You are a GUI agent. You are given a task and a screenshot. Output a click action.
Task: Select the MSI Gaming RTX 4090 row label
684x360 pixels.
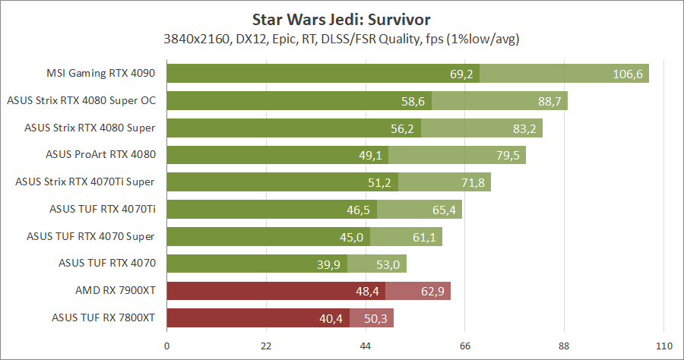[100, 74]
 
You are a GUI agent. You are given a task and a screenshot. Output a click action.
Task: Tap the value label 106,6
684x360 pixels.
[628, 74]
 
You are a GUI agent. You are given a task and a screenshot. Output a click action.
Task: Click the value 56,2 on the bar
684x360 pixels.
[402, 128]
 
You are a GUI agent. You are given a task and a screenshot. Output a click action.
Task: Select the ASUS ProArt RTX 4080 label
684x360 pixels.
[100, 155]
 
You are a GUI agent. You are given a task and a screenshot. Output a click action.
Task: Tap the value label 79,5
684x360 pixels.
[505, 156]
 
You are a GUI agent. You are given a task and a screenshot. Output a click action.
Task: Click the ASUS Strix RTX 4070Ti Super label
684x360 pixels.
[86, 182]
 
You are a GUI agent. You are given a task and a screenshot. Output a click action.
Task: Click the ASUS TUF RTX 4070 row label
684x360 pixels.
[107, 264]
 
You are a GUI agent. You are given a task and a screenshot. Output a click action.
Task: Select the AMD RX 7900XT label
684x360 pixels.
[116, 291]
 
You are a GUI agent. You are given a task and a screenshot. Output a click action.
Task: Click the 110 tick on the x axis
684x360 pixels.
[664, 346]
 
